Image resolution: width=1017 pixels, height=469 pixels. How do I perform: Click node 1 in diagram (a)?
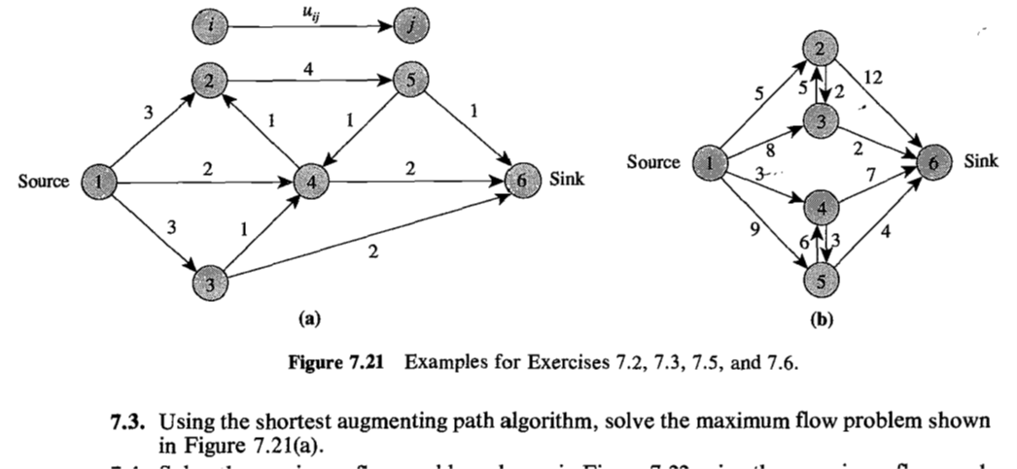[x=97, y=181]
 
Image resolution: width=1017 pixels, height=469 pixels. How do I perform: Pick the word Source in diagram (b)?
[x=653, y=162]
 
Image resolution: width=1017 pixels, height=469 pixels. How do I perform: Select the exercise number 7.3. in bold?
[x=130, y=423]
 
